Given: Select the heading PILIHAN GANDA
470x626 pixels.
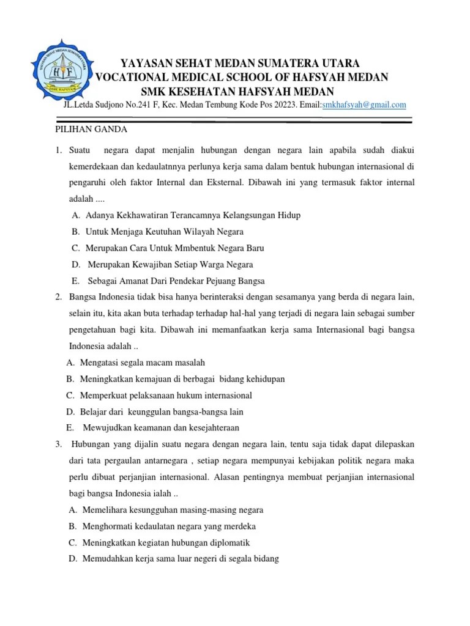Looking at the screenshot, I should click(88, 130).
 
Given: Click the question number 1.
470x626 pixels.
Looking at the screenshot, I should click(57, 150).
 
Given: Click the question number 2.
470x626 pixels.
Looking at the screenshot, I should click(57, 297).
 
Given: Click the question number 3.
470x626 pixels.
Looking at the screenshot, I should click(57, 444).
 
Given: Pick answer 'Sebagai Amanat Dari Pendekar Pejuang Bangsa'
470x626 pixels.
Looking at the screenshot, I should click(176, 281).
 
